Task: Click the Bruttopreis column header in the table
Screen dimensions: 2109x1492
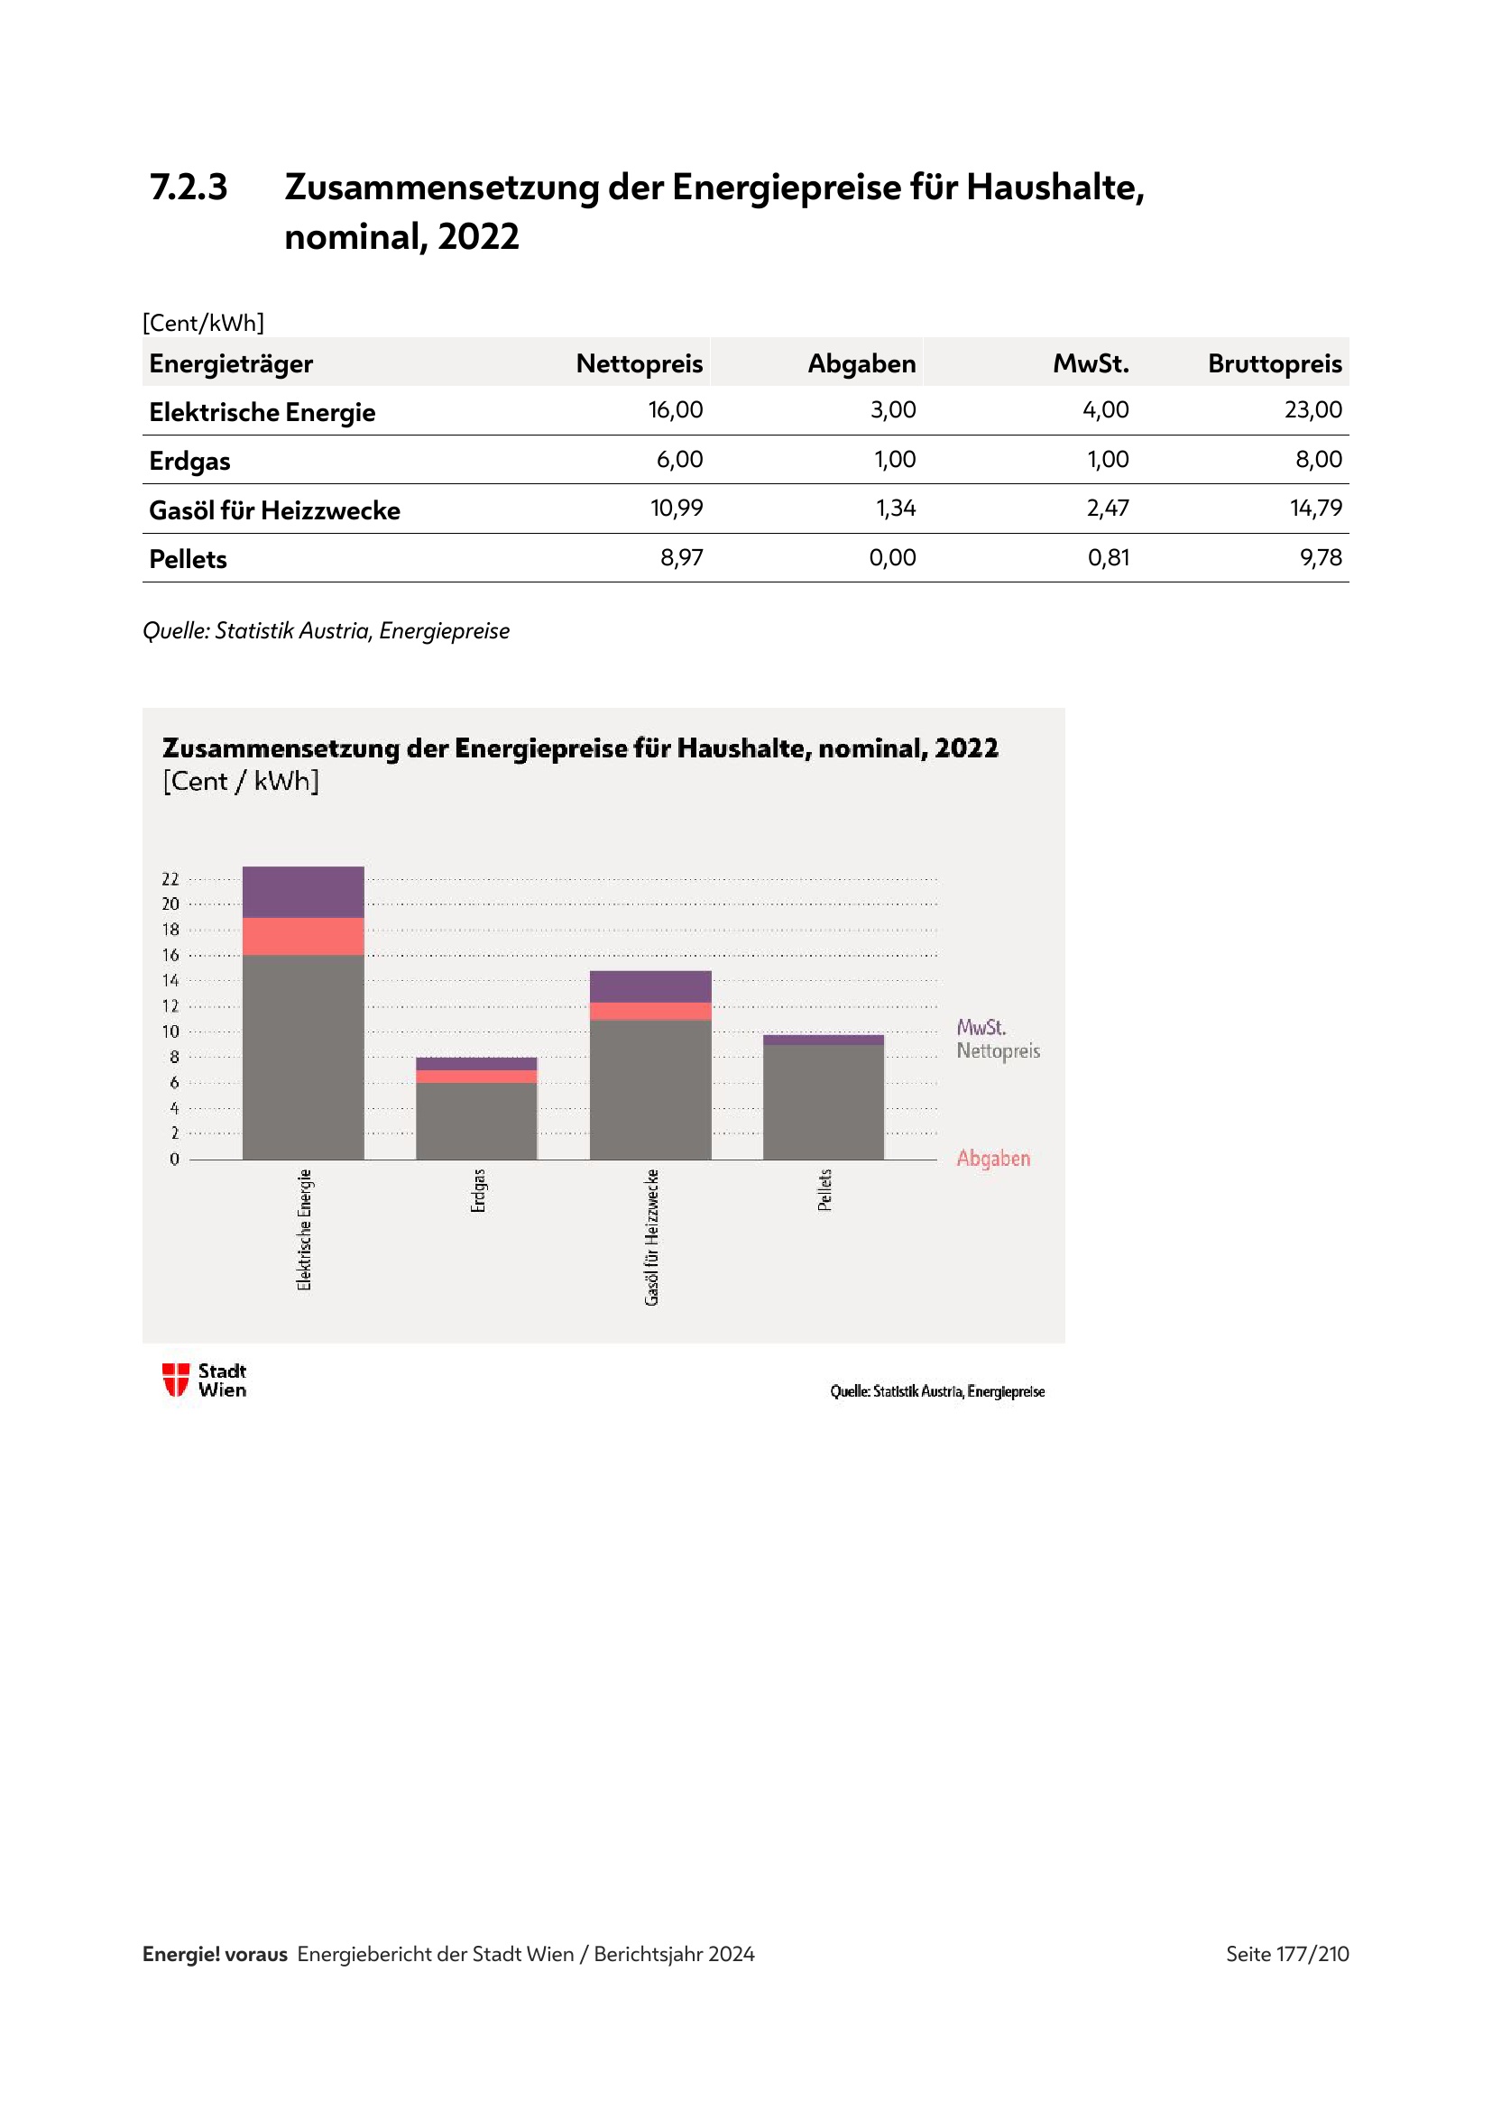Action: pyautogui.click(x=1274, y=363)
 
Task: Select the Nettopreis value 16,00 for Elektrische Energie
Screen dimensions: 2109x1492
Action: pyautogui.click(x=676, y=409)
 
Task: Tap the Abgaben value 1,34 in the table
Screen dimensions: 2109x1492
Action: pyautogui.click(x=895, y=508)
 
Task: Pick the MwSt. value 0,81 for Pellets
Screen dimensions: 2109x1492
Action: pyautogui.click(x=1108, y=557)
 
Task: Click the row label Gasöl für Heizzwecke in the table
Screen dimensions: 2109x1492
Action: pyautogui.click(x=275, y=510)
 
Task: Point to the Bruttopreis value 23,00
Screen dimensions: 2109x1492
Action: pyautogui.click(x=1312, y=409)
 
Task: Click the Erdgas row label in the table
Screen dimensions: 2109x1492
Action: pyautogui.click(x=190, y=461)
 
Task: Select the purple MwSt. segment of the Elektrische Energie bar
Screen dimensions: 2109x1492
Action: pyautogui.click(x=303, y=892)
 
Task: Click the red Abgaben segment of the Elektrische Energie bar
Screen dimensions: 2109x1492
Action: pyautogui.click(x=303, y=936)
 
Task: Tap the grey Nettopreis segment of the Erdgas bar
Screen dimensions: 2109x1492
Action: pyautogui.click(x=476, y=1121)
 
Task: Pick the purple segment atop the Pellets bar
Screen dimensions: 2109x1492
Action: pyautogui.click(x=824, y=1040)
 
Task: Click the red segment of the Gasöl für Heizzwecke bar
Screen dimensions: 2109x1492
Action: pyautogui.click(x=650, y=1012)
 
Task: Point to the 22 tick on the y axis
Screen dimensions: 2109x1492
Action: pyautogui.click(x=170, y=879)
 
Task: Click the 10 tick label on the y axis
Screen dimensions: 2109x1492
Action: pyautogui.click(x=170, y=1032)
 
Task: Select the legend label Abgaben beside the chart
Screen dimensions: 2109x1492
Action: pyautogui.click(x=993, y=1159)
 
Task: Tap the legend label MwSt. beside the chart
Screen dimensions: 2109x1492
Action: pyautogui.click(x=981, y=1027)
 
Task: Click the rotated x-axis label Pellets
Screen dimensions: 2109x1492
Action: pyautogui.click(x=825, y=1189)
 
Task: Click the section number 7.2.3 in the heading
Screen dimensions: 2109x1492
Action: pyautogui.click(x=189, y=188)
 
